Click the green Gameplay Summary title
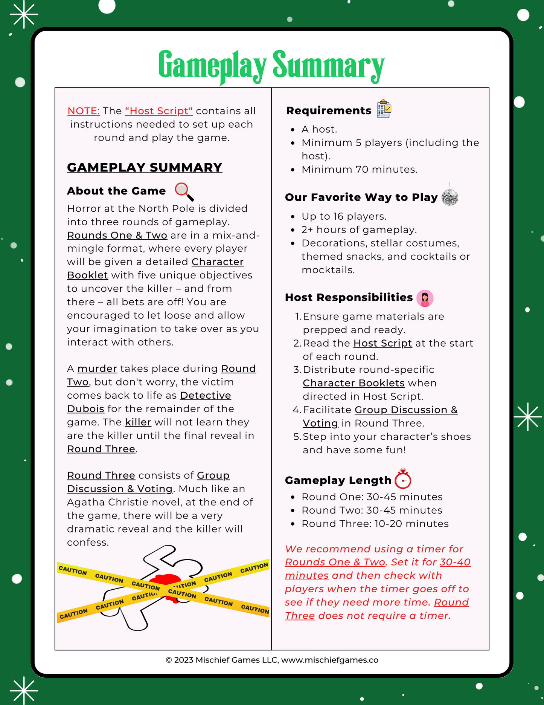[271, 66]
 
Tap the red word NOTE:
[83, 111]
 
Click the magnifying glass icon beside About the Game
[184, 191]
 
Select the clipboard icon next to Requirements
[384, 109]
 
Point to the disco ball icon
[450, 196]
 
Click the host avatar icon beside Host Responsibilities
[425, 298]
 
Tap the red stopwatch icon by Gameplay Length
[403, 479]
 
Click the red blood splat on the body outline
[166, 583]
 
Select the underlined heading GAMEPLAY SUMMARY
[145, 167]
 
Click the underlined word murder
[97, 369]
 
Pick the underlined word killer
[138, 422]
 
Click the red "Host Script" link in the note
[159, 111]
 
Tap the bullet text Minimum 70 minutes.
[359, 170]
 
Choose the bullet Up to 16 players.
[344, 216]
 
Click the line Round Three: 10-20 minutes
[375, 524]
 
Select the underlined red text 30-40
[455, 562]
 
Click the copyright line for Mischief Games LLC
[272, 660]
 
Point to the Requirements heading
[329, 110]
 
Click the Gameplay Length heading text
[338, 480]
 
